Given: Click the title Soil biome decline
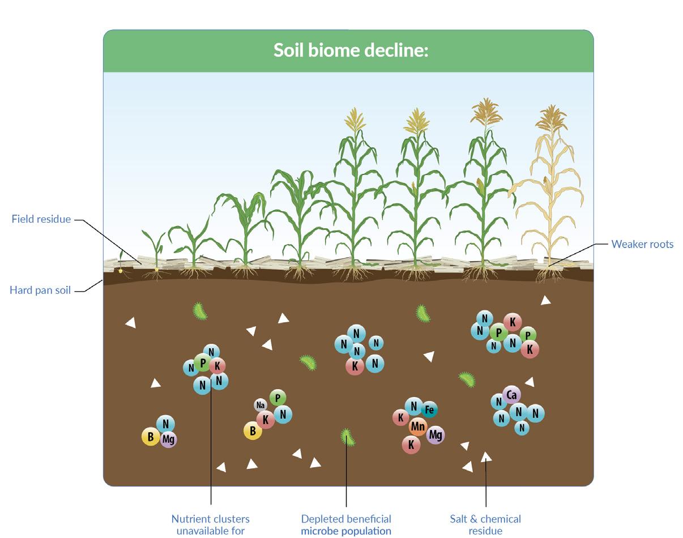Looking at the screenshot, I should coord(351,50).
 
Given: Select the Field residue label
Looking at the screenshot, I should coord(41,219).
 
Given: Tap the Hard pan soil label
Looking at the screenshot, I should coord(40,291).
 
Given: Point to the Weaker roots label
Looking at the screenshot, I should coord(642,244).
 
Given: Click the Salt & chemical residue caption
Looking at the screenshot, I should coord(485,524).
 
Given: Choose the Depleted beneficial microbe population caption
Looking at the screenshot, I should coord(346,524).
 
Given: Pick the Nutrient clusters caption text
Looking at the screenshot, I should coord(211,524).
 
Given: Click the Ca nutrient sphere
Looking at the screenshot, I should coord(511,395).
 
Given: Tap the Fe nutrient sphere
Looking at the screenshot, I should coord(429,409).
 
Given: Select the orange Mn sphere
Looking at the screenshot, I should coord(418,426).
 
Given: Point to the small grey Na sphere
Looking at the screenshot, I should coord(261,405).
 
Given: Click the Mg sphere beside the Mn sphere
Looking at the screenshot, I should coord(435,434).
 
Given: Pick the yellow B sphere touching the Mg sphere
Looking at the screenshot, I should coord(151,437).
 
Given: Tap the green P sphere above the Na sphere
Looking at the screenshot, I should coord(278,398).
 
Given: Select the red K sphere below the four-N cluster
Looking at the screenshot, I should coord(355,366).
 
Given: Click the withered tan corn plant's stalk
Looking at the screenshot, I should coord(550,198).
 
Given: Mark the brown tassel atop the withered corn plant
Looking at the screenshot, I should coord(551,117).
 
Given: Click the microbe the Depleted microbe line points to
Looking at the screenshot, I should coord(347,437).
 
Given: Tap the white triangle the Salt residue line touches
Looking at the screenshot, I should coord(486,456).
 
